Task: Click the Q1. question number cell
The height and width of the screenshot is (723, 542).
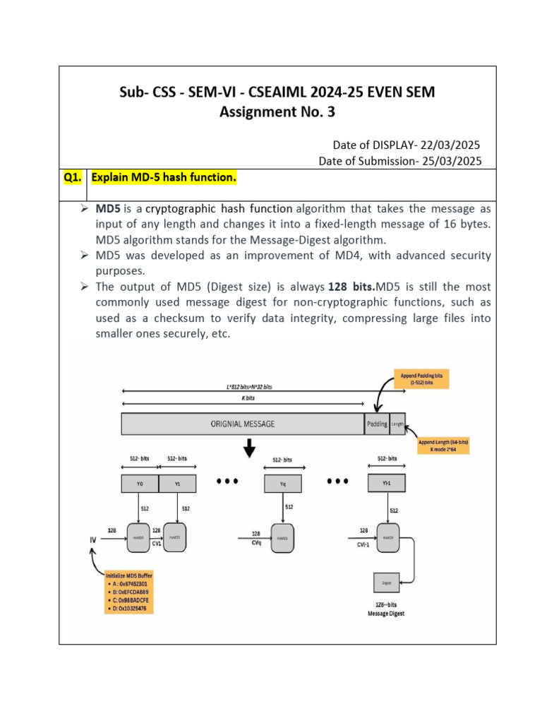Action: [x=73, y=178]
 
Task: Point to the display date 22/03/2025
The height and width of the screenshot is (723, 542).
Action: [x=450, y=145]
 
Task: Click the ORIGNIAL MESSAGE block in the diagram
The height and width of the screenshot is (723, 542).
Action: [x=242, y=424]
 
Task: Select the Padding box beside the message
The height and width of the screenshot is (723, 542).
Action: [x=377, y=424]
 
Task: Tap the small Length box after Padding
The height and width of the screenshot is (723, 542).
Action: [x=398, y=424]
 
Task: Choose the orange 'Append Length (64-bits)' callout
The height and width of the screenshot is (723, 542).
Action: [x=443, y=446]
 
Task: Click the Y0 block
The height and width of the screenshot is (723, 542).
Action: [x=139, y=484]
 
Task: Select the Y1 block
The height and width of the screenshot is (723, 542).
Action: [x=176, y=484]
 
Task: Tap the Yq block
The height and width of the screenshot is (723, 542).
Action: [x=282, y=484]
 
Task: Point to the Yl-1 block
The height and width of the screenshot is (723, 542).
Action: [x=387, y=484]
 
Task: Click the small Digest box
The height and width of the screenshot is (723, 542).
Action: [x=387, y=583]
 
